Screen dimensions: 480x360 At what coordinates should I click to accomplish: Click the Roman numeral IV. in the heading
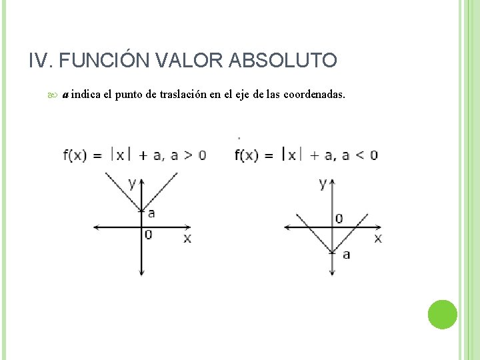click(x=41, y=61)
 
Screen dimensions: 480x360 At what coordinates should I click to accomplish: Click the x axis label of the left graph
click(x=187, y=238)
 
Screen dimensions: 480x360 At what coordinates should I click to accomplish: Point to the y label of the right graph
click(x=323, y=183)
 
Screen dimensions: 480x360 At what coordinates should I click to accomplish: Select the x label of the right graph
click(x=378, y=238)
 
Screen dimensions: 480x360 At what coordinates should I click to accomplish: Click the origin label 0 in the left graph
click(x=148, y=235)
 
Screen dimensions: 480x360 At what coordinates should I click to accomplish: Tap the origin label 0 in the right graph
click(x=339, y=218)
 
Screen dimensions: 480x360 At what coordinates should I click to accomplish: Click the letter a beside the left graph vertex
click(x=151, y=213)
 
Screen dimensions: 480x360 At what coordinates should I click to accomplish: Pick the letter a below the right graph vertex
click(x=346, y=254)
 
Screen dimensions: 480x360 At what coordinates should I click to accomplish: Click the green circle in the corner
click(x=442, y=315)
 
